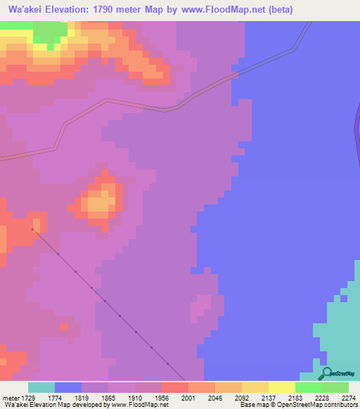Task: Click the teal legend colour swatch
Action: (x=41, y=387)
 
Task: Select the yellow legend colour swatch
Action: (x=282, y=387)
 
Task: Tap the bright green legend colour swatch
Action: (x=309, y=387)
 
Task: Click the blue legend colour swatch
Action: (x=68, y=387)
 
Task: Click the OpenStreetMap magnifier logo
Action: (x=327, y=373)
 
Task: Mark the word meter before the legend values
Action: (x=11, y=398)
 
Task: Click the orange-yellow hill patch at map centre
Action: (x=99, y=203)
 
